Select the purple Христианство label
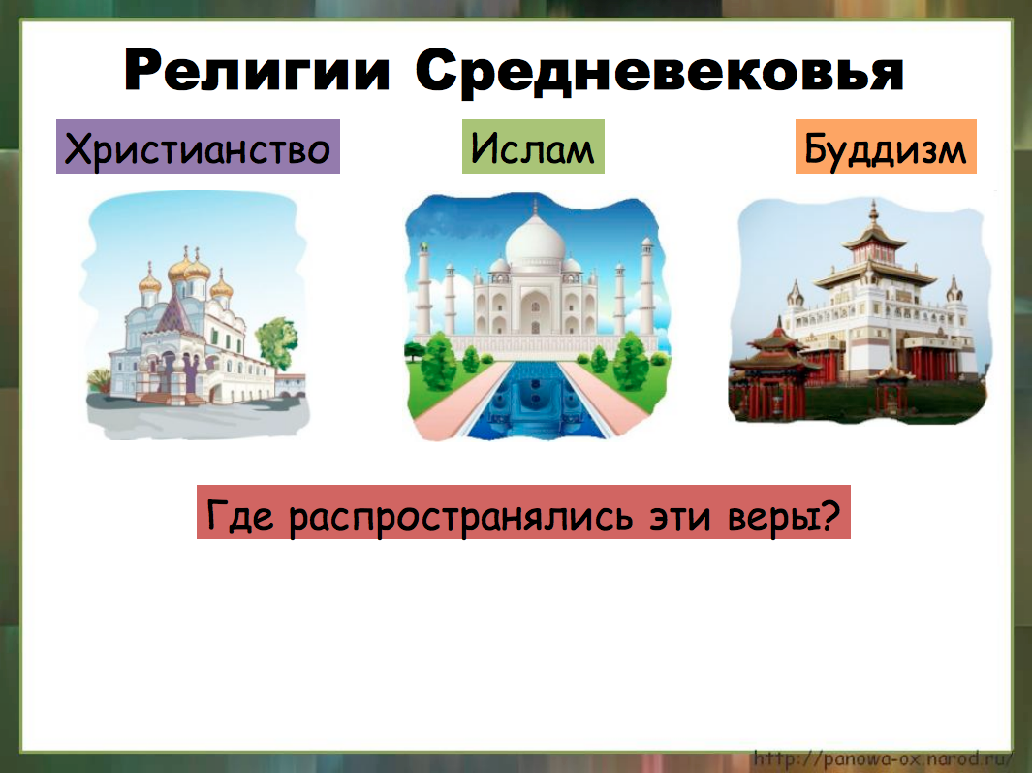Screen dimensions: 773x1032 [198, 147]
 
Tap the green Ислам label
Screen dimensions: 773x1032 [533, 147]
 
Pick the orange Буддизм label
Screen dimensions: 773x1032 [886, 147]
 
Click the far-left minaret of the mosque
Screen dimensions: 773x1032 [422, 296]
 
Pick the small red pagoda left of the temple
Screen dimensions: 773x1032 [766, 359]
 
